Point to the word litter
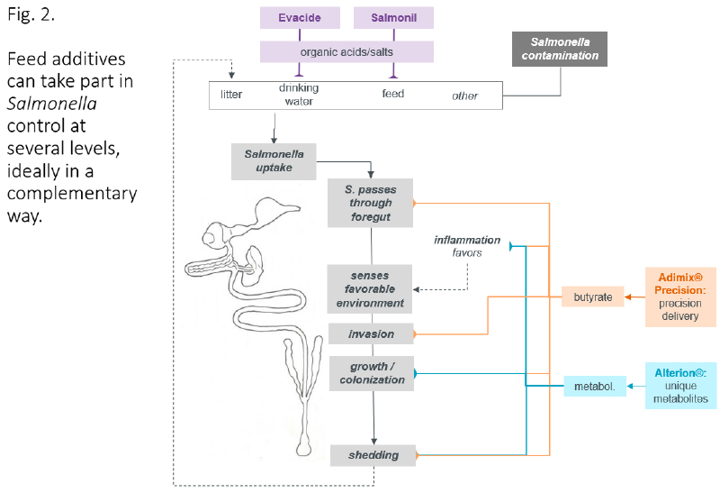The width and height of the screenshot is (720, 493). coord(231,95)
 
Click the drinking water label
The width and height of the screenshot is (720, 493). coord(297,95)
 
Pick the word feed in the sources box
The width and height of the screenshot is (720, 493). coord(393,94)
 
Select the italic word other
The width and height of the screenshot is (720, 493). coord(464,96)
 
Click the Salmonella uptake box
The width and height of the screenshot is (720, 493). coord(274,160)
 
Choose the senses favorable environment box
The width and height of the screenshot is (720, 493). coord(371,288)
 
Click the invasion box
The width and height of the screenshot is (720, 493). coord(371,334)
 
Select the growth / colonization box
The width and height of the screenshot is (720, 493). coord(371,373)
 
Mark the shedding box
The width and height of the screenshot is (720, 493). coord(371,455)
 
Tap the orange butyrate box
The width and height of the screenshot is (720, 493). coord(592,296)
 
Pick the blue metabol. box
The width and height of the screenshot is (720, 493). coord(594,387)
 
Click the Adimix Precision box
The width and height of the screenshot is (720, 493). coord(679,297)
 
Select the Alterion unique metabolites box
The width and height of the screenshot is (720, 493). coord(679,385)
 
